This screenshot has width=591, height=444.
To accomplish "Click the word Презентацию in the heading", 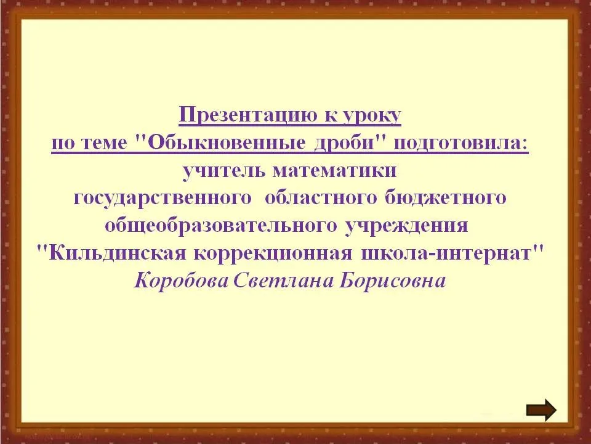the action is click(x=247, y=115).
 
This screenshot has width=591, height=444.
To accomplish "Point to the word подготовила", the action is click(x=461, y=143).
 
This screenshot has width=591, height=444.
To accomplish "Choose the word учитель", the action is click(x=223, y=171).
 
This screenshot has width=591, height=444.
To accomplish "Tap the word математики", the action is click(x=334, y=171).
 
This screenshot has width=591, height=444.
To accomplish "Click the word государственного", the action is click(x=163, y=198).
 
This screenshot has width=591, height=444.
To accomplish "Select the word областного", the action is click(x=321, y=198).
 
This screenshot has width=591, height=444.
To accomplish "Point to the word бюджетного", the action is click(x=446, y=198).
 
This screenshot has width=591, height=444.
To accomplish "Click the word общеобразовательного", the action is click(x=221, y=226).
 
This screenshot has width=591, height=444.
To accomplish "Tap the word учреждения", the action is click(x=407, y=226).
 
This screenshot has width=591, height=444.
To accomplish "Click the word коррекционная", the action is click(x=273, y=253).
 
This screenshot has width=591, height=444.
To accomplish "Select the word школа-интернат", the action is click(x=452, y=253).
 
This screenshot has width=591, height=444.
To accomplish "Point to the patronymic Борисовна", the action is click(x=392, y=281).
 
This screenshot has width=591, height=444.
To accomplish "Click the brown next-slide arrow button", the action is click(x=541, y=410).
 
